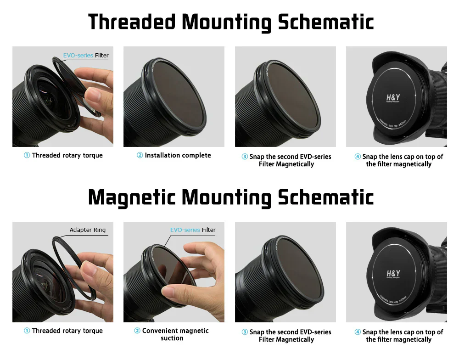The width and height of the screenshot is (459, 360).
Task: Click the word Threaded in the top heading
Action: [x=131, y=22]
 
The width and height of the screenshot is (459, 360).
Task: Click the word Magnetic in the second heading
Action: [x=132, y=197]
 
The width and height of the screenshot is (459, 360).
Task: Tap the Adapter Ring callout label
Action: [x=87, y=230]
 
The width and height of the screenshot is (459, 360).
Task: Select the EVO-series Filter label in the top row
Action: [x=86, y=56]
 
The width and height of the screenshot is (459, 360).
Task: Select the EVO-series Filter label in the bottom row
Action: [x=193, y=230]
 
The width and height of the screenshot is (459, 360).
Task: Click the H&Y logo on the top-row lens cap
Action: [x=393, y=98]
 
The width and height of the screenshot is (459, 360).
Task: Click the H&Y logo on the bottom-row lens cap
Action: [x=393, y=273]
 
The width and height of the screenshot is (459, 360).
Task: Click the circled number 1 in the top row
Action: [x=27, y=156]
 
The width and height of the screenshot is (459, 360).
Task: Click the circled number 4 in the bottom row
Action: [x=358, y=332]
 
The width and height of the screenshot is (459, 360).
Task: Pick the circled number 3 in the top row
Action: [x=245, y=157]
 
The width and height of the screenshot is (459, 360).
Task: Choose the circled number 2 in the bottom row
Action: [x=137, y=331]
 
